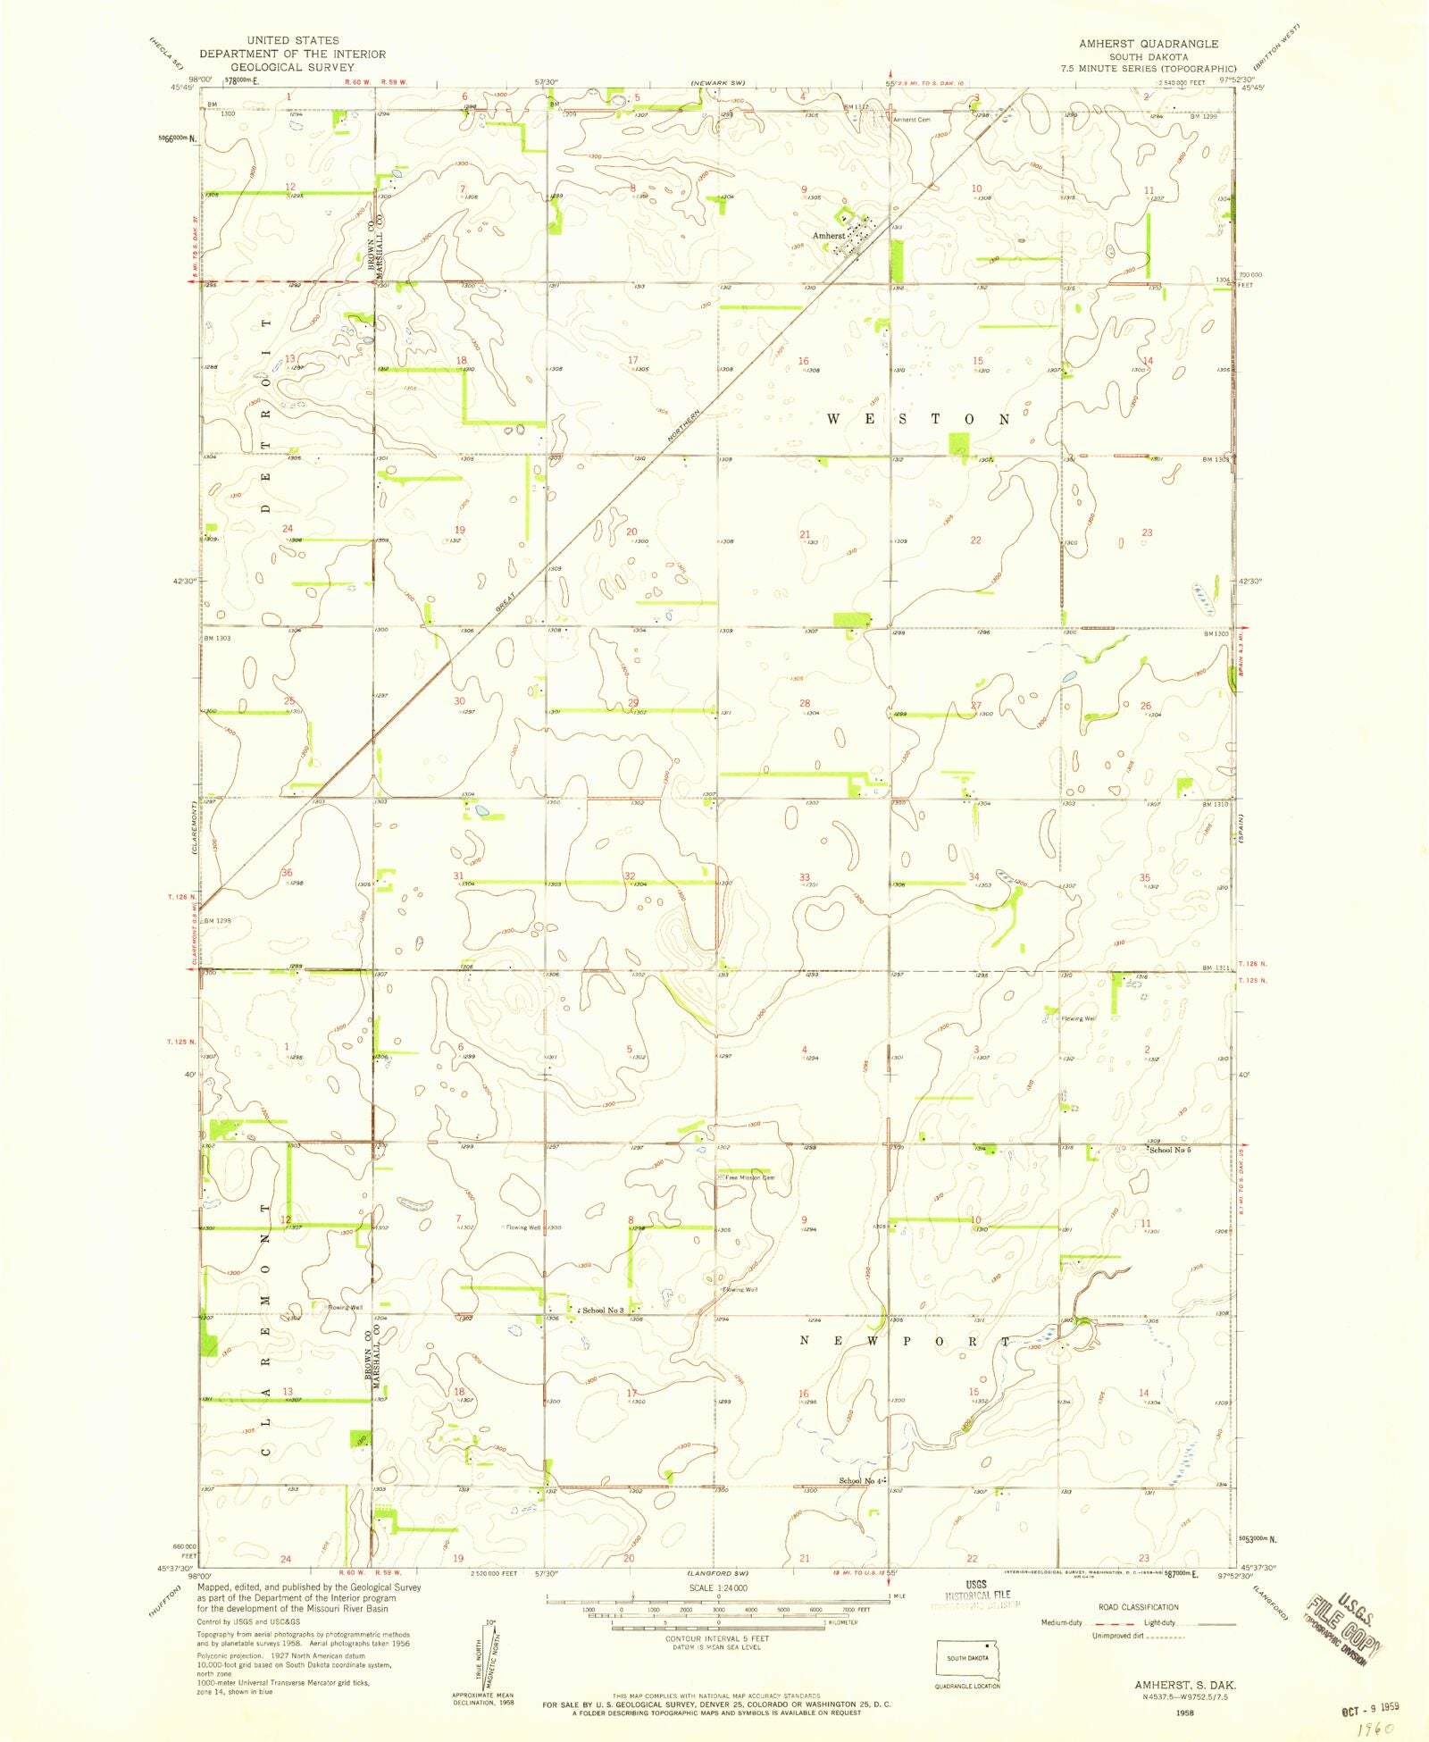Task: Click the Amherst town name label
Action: [828, 236]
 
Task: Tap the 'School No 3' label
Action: [603, 1311]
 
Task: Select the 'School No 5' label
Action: [1170, 1150]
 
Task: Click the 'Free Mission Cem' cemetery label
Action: [749, 1177]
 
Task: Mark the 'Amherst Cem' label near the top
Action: [913, 120]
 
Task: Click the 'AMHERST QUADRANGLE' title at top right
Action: [1148, 44]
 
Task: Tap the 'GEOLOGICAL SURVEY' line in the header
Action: [292, 67]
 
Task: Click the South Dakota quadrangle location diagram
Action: [968, 1660]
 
